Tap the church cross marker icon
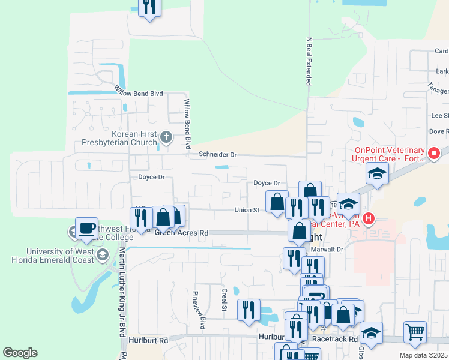[167, 137]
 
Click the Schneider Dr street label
[218, 154]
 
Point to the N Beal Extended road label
[309, 61]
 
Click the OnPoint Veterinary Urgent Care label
[390, 154]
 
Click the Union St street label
[247, 210]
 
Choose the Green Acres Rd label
[181, 232]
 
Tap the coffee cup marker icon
[87, 228]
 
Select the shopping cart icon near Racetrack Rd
[414, 331]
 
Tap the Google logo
[20, 353]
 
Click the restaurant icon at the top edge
[148, 7]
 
